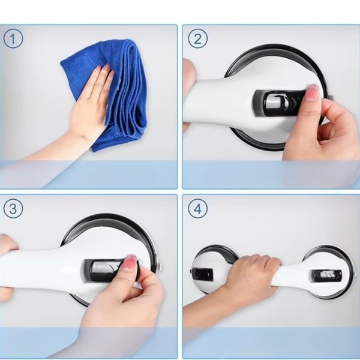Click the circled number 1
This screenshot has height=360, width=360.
13,38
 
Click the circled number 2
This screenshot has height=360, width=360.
197,38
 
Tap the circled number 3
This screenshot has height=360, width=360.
13,208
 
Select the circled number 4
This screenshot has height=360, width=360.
197,208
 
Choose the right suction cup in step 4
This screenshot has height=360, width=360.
327,272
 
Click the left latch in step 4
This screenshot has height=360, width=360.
203,274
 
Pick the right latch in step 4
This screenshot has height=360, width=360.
326,275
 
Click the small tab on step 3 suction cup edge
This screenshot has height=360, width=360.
160,267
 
